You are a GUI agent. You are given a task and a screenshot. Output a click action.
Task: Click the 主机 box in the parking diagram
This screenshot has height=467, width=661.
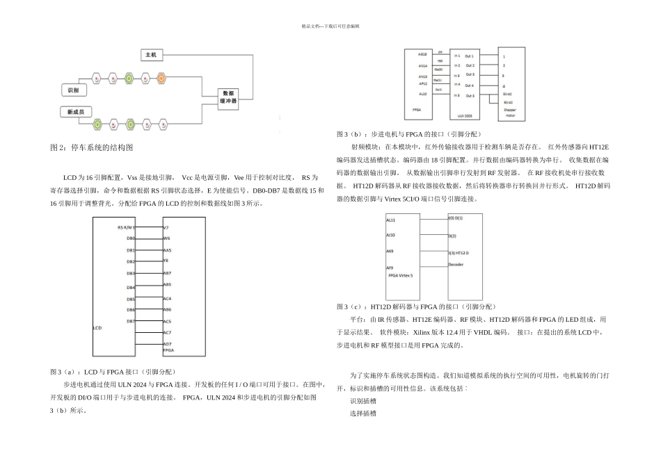(152, 54)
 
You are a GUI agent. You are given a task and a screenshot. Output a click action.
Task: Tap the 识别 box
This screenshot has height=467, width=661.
(72, 90)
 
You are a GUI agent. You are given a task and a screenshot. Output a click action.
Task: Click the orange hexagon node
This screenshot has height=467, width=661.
(161, 78)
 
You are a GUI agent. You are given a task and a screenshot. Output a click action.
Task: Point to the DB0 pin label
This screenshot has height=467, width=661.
(130, 238)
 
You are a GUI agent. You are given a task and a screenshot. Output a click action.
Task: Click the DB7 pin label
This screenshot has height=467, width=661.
(130, 321)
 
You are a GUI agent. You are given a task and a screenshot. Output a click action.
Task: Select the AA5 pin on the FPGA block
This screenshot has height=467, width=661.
(167, 249)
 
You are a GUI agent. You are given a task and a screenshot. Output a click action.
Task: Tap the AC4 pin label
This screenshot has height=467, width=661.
(167, 298)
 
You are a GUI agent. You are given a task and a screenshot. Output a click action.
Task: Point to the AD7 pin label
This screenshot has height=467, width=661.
(167, 344)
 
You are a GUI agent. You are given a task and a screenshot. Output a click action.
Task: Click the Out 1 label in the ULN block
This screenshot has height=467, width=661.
(470, 55)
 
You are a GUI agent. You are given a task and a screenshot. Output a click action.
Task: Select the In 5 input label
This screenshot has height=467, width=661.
(456, 95)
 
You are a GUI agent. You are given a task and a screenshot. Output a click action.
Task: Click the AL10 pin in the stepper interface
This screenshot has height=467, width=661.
(422, 93)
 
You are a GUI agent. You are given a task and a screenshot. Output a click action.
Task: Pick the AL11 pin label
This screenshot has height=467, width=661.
(390, 220)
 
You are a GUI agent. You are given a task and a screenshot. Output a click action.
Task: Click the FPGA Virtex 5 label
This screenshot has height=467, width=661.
(400, 276)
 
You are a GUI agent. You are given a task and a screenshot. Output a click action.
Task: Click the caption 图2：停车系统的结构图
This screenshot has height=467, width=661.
(91, 148)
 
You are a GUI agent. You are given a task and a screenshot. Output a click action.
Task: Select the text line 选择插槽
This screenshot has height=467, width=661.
(363, 413)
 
